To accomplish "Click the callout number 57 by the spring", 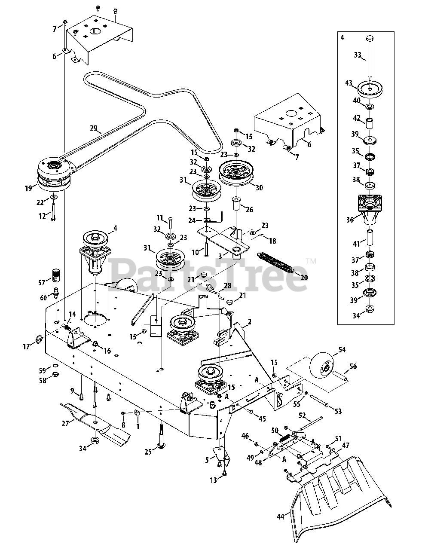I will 42,282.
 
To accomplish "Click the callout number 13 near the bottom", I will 214,480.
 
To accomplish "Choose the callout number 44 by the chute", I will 281,517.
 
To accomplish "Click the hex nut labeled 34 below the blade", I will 93,441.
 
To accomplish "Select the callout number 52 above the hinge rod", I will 302,416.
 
